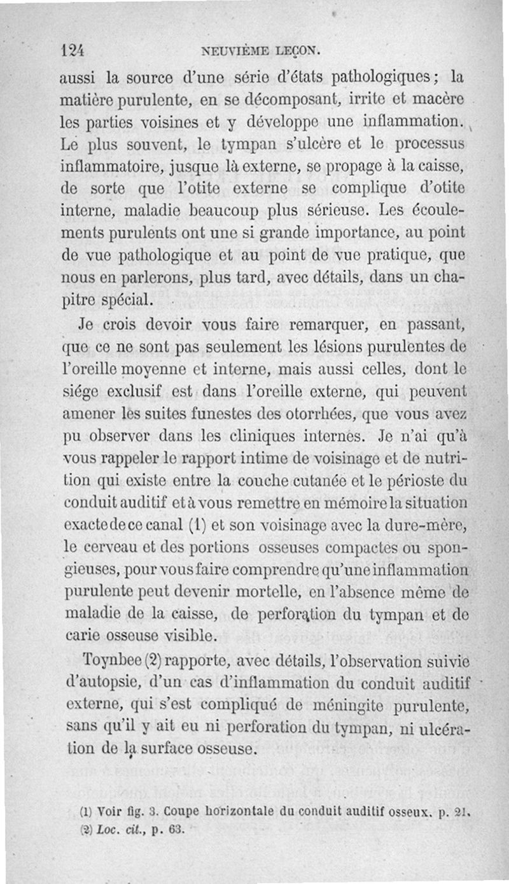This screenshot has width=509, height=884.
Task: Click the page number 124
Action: (74, 50)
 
